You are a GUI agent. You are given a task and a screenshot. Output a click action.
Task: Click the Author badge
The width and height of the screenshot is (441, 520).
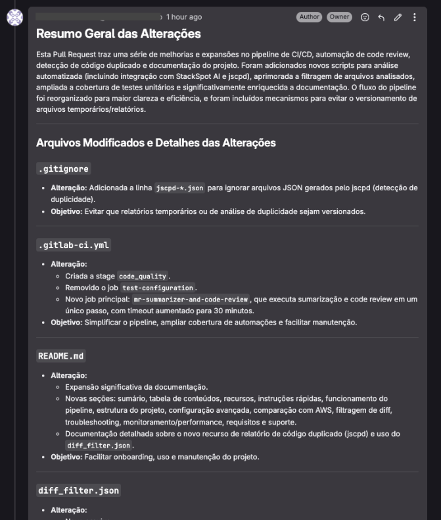[309, 17]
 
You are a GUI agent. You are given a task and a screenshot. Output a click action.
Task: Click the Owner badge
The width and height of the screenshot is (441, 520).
[339, 17]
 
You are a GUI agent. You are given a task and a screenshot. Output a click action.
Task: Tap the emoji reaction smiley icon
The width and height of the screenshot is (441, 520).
[365, 17]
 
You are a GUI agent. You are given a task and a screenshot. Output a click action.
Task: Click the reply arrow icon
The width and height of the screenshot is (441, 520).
[381, 17]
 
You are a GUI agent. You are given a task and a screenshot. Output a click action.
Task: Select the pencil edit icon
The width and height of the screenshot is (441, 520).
[398, 17]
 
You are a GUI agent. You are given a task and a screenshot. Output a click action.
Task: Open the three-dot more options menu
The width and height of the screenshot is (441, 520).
[414, 17]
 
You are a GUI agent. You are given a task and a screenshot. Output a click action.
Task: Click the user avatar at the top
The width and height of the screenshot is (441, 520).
[14, 18]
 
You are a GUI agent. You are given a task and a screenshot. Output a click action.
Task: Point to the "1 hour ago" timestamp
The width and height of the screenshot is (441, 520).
[184, 17]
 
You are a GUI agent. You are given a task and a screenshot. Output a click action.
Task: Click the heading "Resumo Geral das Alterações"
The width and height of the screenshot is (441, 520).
[118, 34]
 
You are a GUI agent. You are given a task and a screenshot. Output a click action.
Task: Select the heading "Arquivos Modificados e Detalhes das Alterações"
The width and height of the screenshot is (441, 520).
[156, 143]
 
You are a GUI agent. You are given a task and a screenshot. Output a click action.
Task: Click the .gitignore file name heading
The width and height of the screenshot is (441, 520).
[63, 169]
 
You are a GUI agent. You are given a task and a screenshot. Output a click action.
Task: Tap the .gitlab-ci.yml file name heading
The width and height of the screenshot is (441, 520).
[74, 246]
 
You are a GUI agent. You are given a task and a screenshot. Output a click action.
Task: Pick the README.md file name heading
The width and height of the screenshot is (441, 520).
[61, 356]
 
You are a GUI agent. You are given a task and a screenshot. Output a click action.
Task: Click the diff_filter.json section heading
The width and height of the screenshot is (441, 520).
[78, 490]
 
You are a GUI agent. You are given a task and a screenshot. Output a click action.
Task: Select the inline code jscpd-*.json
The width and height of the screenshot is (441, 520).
[179, 188]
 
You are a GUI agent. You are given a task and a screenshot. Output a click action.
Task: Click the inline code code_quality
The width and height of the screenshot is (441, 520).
[143, 276]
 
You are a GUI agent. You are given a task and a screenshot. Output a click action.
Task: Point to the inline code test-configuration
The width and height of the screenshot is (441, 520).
[158, 288]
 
